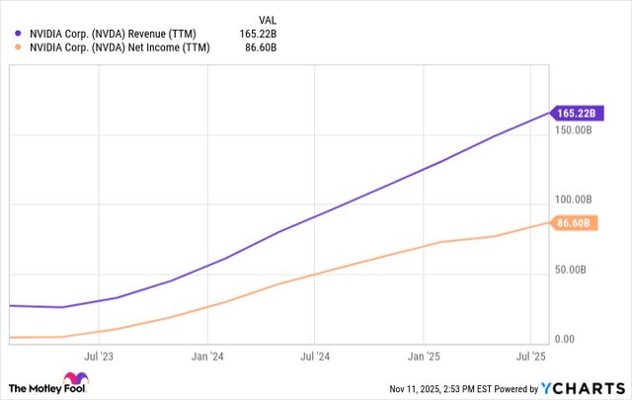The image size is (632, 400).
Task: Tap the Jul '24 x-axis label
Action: (313, 355)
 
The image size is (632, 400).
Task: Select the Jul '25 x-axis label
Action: (530, 355)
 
